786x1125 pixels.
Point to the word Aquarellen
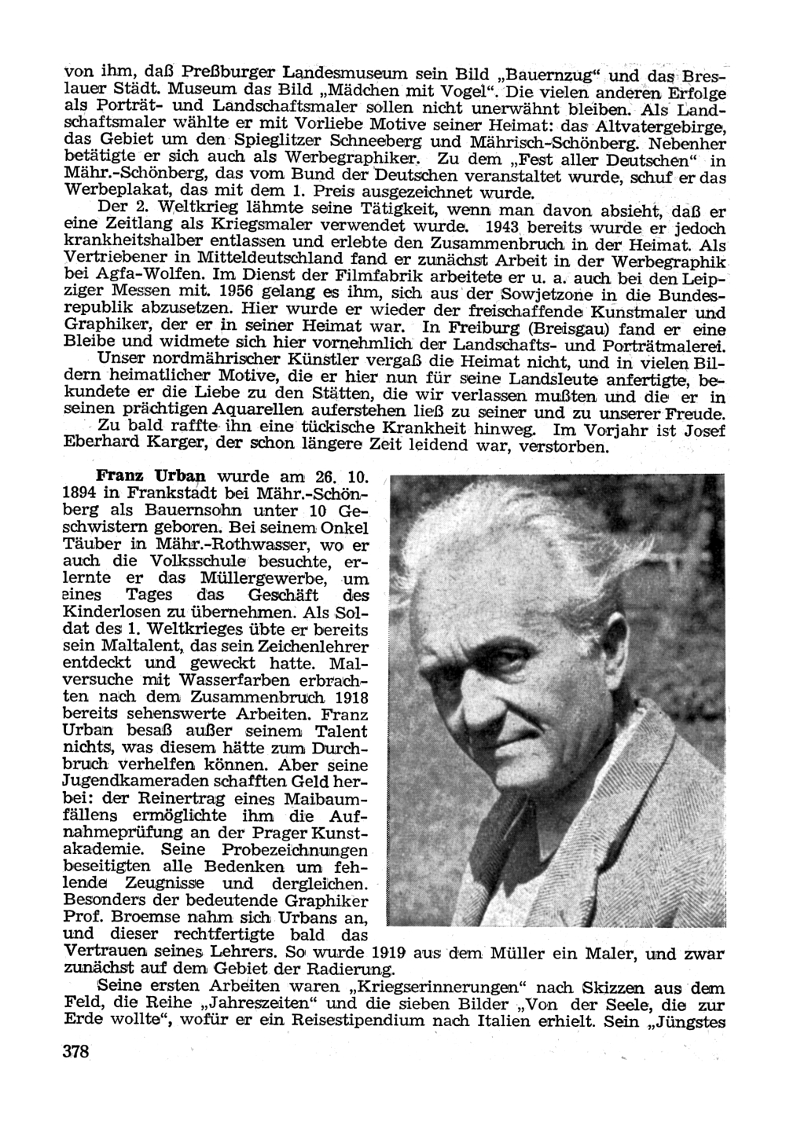pyautogui.click(x=252, y=412)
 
